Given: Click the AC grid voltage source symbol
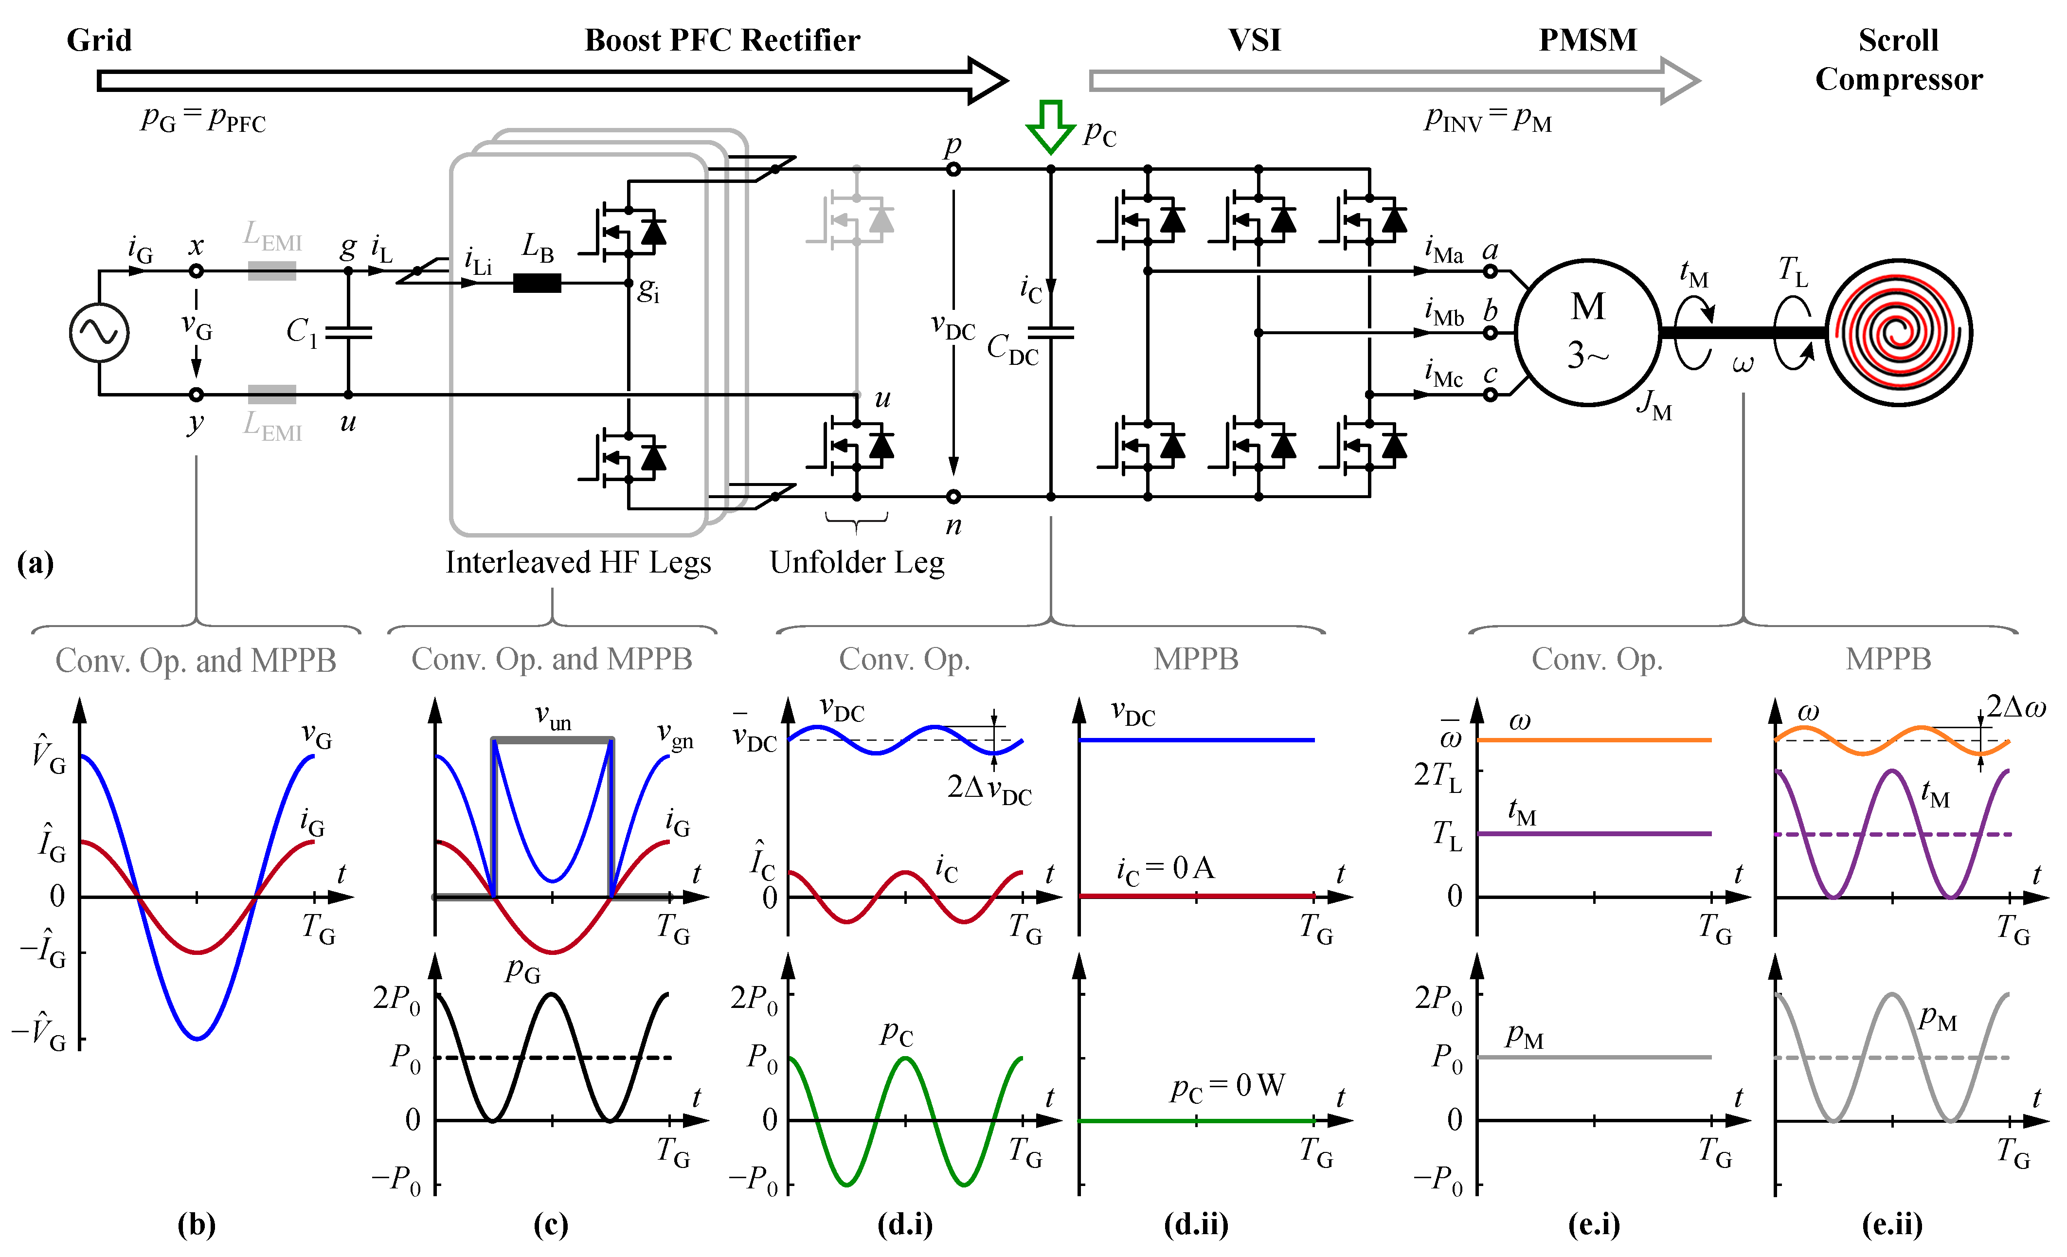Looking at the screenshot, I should [99, 333].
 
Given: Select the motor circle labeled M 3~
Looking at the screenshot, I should [1587, 332].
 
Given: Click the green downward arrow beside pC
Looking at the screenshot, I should [1050, 126].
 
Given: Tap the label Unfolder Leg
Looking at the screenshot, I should [857, 562].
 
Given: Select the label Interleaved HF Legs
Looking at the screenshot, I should [578, 562].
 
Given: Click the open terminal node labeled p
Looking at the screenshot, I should [953, 169].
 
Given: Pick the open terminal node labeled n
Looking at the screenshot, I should [953, 497].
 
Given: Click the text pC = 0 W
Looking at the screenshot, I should [1227, 1087].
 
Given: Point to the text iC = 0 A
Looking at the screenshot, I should [1165, 869].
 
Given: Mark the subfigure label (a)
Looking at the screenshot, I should [35, 563].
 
